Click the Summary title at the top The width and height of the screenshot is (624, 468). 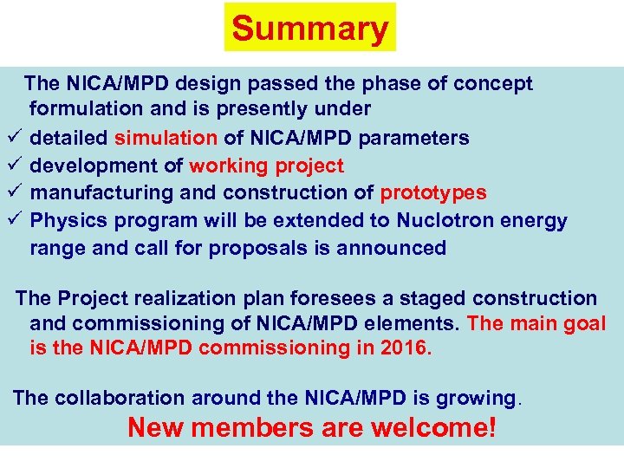tap(310, 29)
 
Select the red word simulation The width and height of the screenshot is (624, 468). tap(166, 138)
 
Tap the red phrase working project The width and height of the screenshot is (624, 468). tap(266, 166)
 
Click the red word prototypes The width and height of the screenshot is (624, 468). tap(433, 193)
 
